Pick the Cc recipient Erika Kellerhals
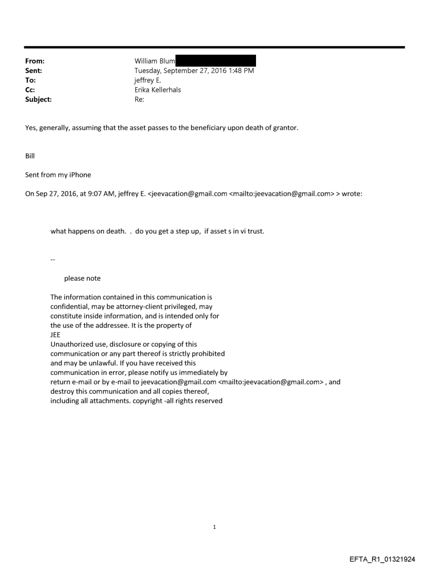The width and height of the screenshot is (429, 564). click(159, 89)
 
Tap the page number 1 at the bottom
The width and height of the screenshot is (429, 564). click(214, 527)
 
